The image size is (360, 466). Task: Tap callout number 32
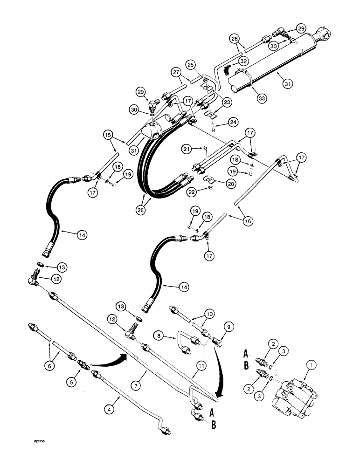(244, 62)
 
